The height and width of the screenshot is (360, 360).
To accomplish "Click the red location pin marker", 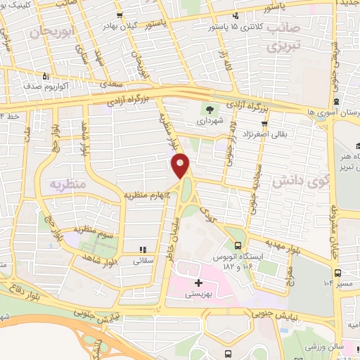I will pyautogui.click(x=181, y=166).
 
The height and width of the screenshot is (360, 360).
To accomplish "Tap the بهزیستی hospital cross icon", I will pyautogui.click(x=198, y=283).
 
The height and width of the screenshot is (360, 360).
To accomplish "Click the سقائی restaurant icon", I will pyautogui.click(x=144, y=249).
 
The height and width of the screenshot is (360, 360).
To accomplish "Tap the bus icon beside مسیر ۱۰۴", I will pyautogui.click(x=338, y=273).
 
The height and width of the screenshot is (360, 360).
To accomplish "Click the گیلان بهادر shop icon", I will pyautogui.click(x=122, y=15).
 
